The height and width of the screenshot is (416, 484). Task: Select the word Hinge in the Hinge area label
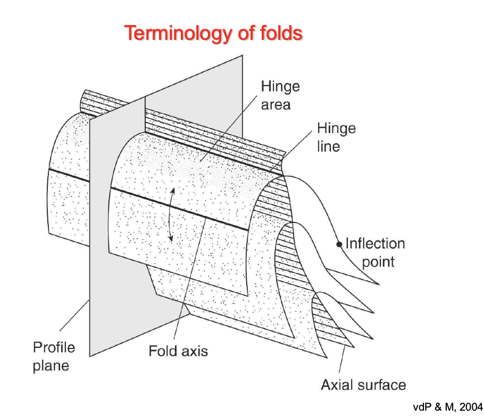tap(280, 87)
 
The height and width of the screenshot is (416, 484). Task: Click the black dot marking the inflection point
tap(338, 245)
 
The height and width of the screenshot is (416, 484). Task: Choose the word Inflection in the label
tap(375, 244)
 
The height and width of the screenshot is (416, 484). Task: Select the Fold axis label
tap(178, 351)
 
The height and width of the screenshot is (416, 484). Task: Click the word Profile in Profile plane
tap(54, 348)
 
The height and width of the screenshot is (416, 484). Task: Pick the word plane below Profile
tap(51, 365)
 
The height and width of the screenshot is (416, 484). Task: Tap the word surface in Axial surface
tap(384, 385)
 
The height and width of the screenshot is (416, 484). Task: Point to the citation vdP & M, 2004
tap(447, 407)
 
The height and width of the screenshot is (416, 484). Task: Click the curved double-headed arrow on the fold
tap(171, 215)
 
